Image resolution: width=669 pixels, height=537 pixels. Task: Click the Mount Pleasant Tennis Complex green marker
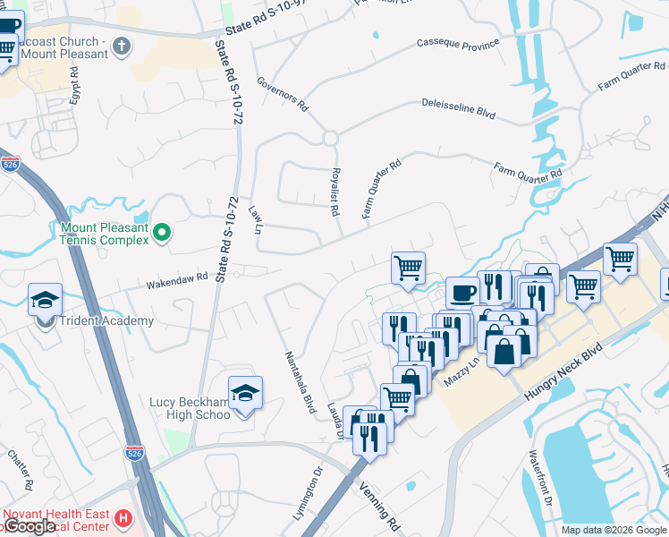(161, 234)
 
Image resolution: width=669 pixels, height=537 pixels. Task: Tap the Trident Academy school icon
(45, 301)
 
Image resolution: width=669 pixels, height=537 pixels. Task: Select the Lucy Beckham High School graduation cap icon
(243, 392)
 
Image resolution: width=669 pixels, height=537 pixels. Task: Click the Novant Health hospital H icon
(123, 517)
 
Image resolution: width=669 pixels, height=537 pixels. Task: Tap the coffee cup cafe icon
(462, 293)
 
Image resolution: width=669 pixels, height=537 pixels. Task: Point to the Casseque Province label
(458, 43)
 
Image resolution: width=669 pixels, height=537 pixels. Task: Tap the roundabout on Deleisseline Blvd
(330, 139)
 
